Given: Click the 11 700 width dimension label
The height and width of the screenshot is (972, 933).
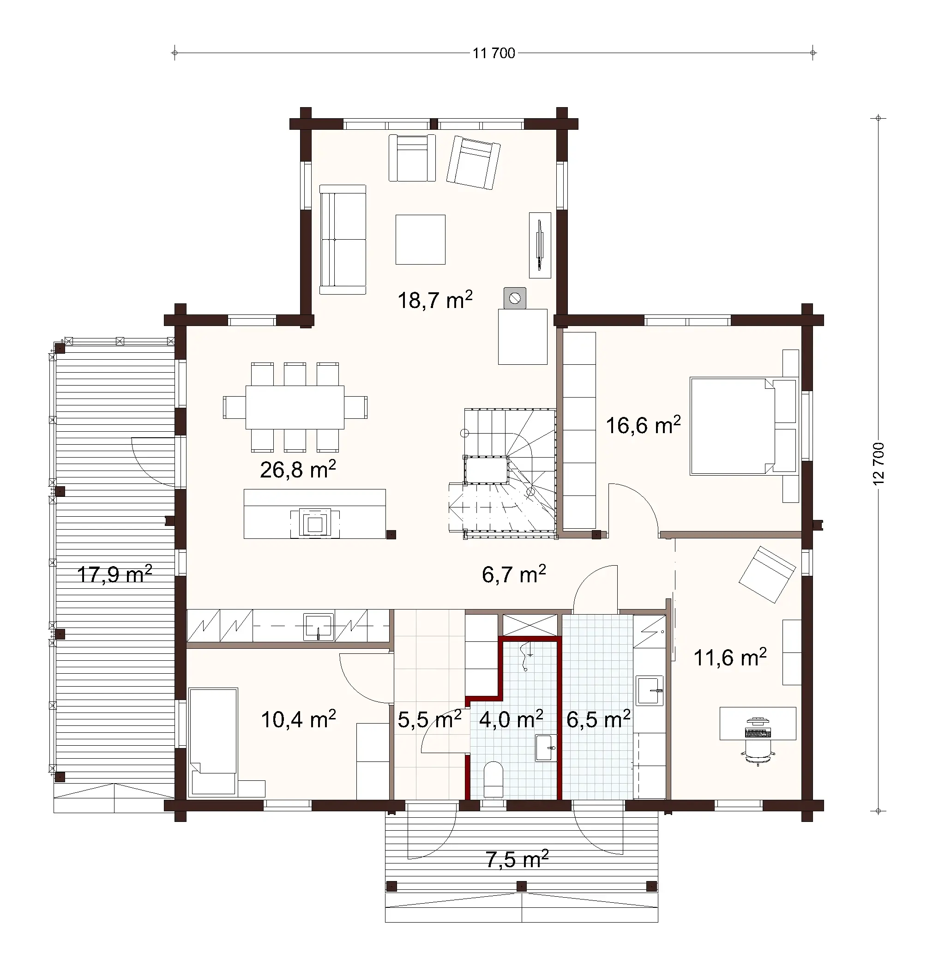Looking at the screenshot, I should pyautogui.click(x=494, y=53).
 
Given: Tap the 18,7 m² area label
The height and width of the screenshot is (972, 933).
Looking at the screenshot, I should pyautogui.click(x=435, y=300).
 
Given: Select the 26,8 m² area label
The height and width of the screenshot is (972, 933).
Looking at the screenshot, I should pyautogui.click(x=297, y=469).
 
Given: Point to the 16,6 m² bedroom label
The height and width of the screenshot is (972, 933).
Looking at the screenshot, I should pyautogui.click(x=643, y=425).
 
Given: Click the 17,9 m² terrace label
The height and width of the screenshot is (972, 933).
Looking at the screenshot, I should pyautogui.click(x=114, y=574).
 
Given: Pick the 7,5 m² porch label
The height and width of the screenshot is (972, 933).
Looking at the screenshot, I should pyautogui.click(x=517, y=859).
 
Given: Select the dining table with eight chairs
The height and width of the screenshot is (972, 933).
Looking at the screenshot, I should pyautogui.click(x=295, y=407).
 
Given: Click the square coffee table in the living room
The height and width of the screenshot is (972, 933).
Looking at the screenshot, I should pyautogui.click(x=420, y=240).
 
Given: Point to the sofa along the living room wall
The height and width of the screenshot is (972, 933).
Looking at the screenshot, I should pyautogui.click(x=343, y=240).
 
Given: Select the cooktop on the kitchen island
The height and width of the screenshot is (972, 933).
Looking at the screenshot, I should pyautogui.click(x=315, y=523).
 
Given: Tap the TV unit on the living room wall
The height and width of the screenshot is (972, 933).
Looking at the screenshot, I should pyautogui.click(x=539, y=245).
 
